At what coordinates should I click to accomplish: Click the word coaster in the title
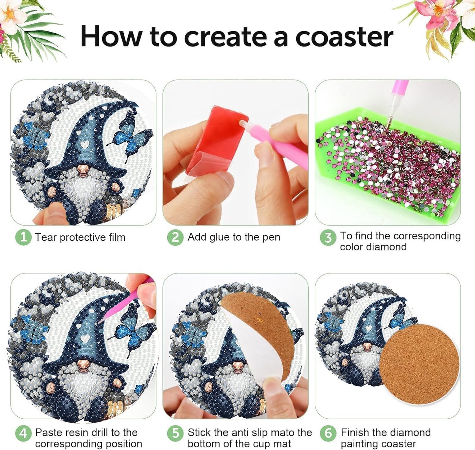click(344, 37)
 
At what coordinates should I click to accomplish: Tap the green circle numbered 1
click(23, 237)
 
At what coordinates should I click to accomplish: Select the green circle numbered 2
click(175, 237)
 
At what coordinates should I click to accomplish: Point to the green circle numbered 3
click(328, 237)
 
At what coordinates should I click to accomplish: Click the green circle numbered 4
click(23, 433)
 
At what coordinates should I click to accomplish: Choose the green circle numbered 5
click(175, 433)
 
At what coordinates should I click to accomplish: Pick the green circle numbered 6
click(328, 433)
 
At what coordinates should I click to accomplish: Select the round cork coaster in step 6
click(419, 363)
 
